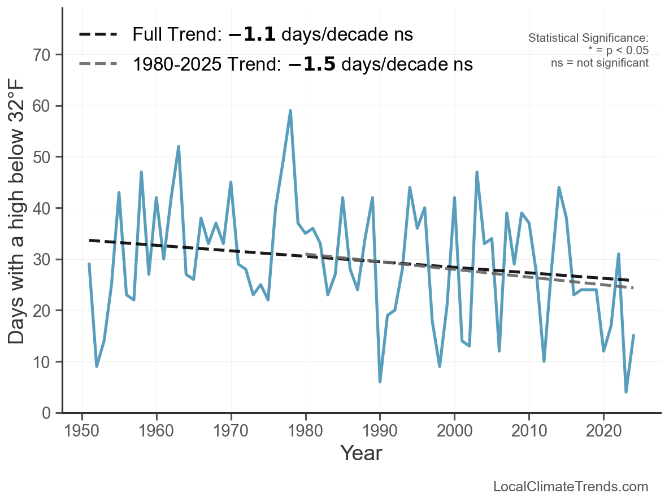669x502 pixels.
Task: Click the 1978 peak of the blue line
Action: click(x=290, y=111)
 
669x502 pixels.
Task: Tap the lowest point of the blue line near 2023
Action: click(x=626, y=392)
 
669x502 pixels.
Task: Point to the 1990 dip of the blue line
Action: click(x=380, y=382)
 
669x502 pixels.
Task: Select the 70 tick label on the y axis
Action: click(x=42, y=55)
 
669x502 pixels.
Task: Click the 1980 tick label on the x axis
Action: click(x=305, y=432)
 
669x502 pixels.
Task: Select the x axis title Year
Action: click(x=361, y=453)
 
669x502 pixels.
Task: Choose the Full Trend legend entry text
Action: click(x=272, y=34)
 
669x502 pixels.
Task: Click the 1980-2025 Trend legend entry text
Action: click(x=302, y=64)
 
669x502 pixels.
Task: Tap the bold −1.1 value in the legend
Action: click(x=252, y=34)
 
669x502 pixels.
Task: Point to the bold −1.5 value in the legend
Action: click(x=311, y=64)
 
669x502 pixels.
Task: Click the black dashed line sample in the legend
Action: click(x=98, y=34)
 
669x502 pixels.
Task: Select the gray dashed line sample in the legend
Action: click(x=98, y=64)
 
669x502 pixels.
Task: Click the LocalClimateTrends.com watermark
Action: click(x=571, y=487)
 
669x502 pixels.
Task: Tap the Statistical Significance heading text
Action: click(x=588, y=38)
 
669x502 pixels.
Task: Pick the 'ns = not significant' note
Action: click(x=600, y=63)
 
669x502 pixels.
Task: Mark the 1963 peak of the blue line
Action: click(x=179, y=146)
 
